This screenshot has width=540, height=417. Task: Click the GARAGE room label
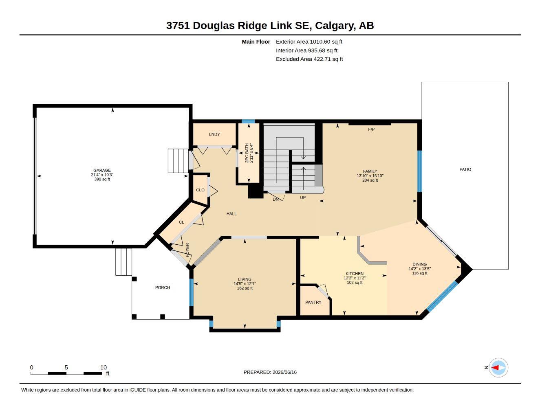point(102,170)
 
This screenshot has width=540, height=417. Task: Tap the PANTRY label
point(313,302)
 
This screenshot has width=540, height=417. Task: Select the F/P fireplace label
point(371,129)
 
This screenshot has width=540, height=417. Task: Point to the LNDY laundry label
point(214,134)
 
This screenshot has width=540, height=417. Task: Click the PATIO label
point(465,169)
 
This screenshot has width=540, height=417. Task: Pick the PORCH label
point(163,288)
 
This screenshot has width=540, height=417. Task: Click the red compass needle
point(495,368)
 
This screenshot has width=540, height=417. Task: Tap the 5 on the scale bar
point(66,367)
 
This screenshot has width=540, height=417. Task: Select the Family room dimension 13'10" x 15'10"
point(370,176)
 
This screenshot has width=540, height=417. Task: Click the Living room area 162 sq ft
point(245,288)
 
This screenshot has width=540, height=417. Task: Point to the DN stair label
point(276,199)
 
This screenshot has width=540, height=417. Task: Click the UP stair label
point(303,198)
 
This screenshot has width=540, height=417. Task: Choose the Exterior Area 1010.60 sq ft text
point(309,42)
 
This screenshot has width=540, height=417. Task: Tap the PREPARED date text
point(270,372)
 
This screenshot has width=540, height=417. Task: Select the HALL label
point(231,214)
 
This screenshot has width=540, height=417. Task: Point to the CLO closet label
point(200,190)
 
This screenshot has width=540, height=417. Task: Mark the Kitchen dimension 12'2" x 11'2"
point(355,278)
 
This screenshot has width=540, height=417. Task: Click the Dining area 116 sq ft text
point(419,273)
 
